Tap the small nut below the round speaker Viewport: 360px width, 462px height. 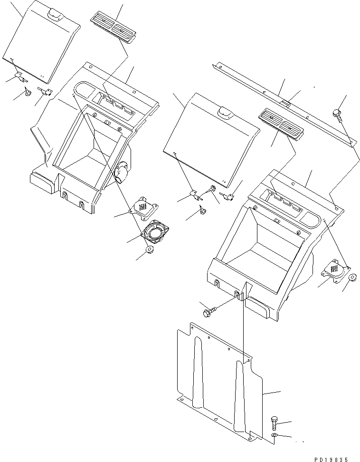(149, 250)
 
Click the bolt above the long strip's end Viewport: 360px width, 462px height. (338, 114)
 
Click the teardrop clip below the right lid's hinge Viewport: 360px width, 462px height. (203, 211)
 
